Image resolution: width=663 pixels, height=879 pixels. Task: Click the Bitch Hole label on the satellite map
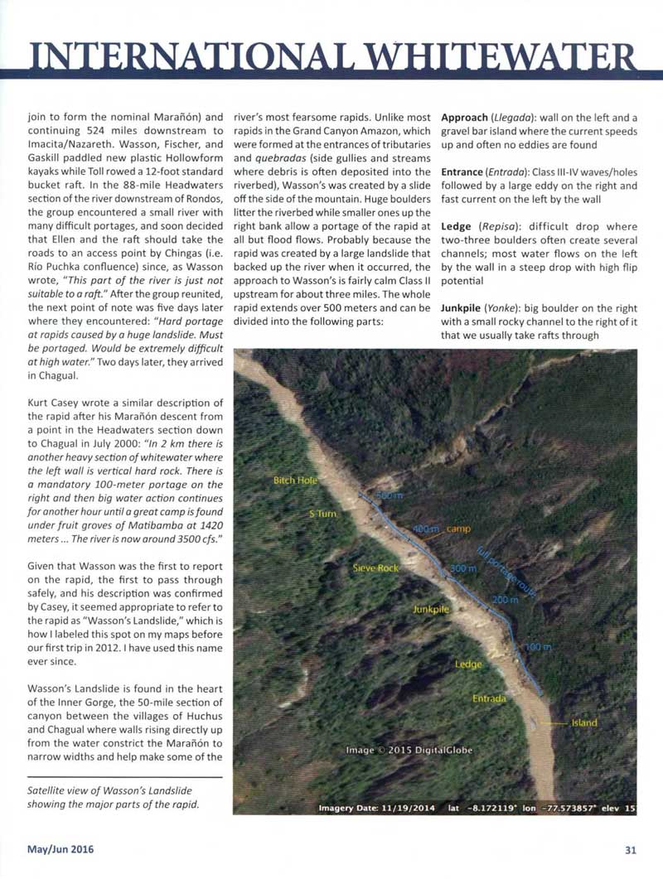pos(296,481)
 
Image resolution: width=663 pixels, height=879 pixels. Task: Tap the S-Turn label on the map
pos(322,514)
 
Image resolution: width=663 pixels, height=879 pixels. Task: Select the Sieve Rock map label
pos(377,568)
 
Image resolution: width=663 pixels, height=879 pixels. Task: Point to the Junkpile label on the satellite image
pos(431,609)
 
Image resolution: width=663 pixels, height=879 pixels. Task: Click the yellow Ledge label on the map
pos(468,664)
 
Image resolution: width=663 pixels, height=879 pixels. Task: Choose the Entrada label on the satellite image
pos(489,698)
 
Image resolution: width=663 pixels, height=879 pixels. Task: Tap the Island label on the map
pos(583,722)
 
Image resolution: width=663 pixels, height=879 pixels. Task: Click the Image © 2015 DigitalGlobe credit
pos(409,750)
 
